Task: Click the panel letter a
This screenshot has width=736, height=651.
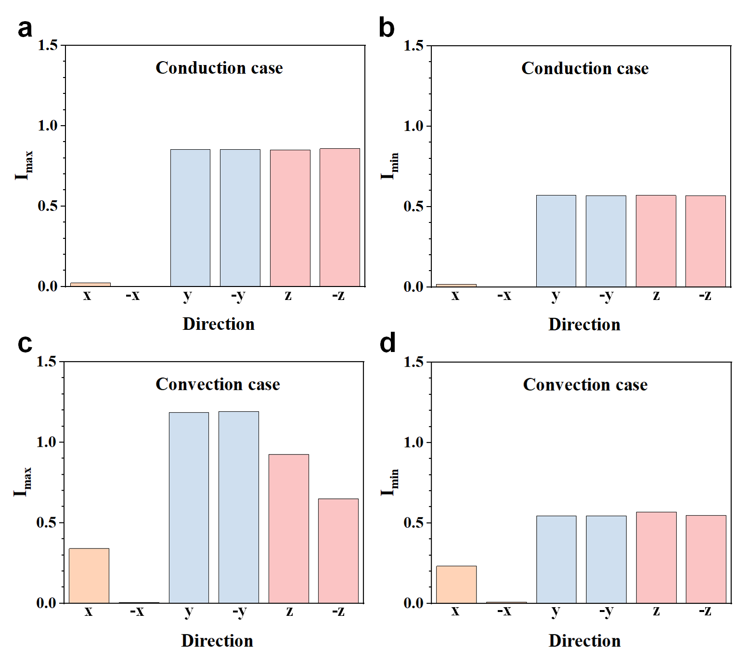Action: [x=25, y=28]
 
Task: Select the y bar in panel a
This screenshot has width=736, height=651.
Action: [x=190, y=218]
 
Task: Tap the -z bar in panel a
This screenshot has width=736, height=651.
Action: [x=339, y=217]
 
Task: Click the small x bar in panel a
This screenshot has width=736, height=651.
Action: [x=90, y=285]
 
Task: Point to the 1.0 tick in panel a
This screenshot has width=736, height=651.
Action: [x=48, y=126]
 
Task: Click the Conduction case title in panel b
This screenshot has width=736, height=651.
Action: [x=585, y=68]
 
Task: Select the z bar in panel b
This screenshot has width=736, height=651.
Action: [x=656, y=241]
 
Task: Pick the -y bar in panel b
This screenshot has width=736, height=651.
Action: [x=606, y=241]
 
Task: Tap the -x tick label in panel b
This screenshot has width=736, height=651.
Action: [x=504, y=295]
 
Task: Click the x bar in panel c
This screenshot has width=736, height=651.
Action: [x=89, y=575]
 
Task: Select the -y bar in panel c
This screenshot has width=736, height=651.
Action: [x=238, y=507]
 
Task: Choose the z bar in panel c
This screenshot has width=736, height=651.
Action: [x=288, y=528]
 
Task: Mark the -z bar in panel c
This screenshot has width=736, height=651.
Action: [x=338, y=550]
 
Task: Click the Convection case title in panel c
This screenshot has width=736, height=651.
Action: [x=218, y=384]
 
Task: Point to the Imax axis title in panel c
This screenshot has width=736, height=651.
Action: [x=23, y=482]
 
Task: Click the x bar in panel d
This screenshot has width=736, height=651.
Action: [x=456, y=584]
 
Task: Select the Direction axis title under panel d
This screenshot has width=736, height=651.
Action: [x=584, y=640]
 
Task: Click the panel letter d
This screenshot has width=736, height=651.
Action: [x=387, y=344]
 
